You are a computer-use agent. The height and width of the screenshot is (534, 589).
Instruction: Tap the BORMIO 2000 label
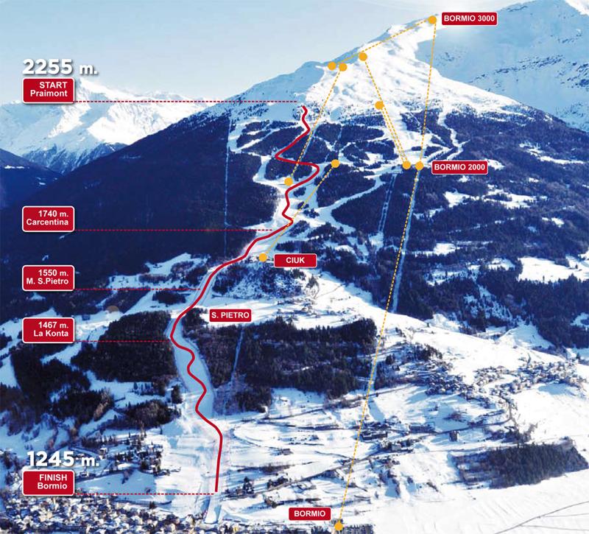pos(460,167)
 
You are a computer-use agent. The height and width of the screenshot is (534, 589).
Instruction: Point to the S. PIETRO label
pos(231,315)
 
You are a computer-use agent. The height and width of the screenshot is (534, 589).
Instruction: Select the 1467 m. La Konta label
pos(49,331)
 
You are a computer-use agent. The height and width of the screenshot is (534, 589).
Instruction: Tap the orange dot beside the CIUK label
pos(264,257)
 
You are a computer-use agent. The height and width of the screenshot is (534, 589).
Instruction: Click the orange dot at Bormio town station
pos(339,525)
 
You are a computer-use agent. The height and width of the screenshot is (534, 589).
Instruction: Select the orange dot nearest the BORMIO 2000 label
pos(419,166)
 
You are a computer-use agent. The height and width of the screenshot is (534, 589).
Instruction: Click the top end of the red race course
pos(304,108)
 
